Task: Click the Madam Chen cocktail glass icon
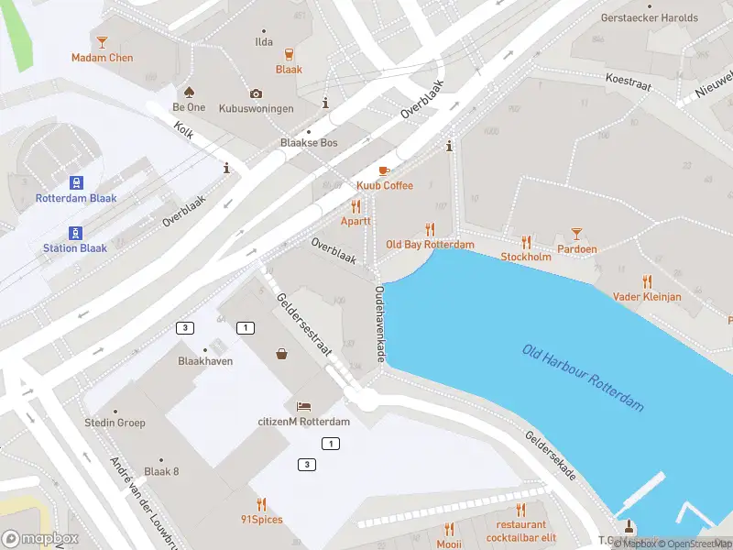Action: (x=102, y=41)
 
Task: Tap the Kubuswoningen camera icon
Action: (x=256, y=93)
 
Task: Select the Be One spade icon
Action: (x=189, y=92)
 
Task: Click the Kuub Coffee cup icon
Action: (x=384, y=170)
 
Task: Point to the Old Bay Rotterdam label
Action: (x=430, y=245)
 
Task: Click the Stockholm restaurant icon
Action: (x=526, y=242)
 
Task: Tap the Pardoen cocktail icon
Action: (x=576, y=235)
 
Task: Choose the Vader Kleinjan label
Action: (x=647, y=297)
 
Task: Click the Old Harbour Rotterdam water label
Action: (x=583, y=378)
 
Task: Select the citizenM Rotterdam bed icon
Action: (x=303, y=406)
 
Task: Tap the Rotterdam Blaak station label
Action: (x=76, y=198)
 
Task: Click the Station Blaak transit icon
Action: (x=75, y=232)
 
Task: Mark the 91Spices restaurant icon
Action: (x=261, y=504)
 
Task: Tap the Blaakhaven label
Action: (x=205, y=361)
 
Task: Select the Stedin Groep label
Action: (x=115, y=423)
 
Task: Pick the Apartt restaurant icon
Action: (x=356, y=207)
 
